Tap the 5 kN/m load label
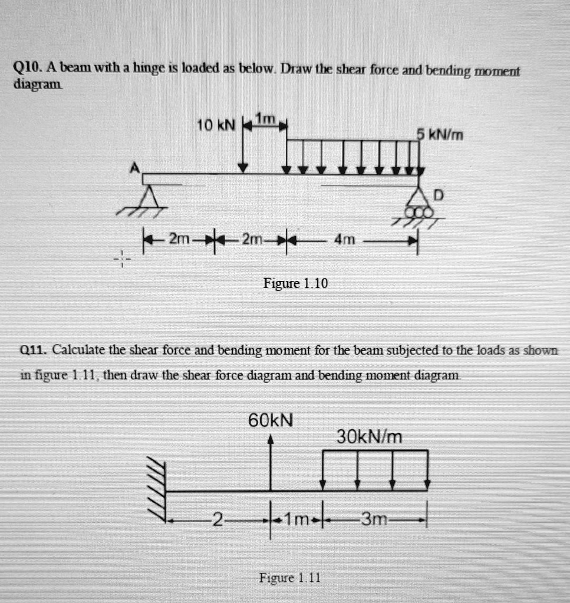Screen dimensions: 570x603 pyautogui.click(x=440, y=135)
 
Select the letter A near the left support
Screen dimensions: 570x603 pyautogui.click(x=135, y=168)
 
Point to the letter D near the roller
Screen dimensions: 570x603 pyautogui.click(x=437, y=194)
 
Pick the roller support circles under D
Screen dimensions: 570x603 pyautogui.click(x=419, y=213)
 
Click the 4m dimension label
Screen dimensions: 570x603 pyautogui.click(x=345, y=240)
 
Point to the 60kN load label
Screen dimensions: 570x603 pyautogui.click(x=271, y=420)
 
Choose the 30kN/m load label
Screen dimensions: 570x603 pyautogui.click(x=369, y=436)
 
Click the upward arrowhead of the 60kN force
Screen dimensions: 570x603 pyautogui.click(x=271, y=439)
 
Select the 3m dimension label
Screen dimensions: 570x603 pyautogui.click(x=375, y=519)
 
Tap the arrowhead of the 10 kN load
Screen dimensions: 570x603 pyautogui.click(x=242, y=168)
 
